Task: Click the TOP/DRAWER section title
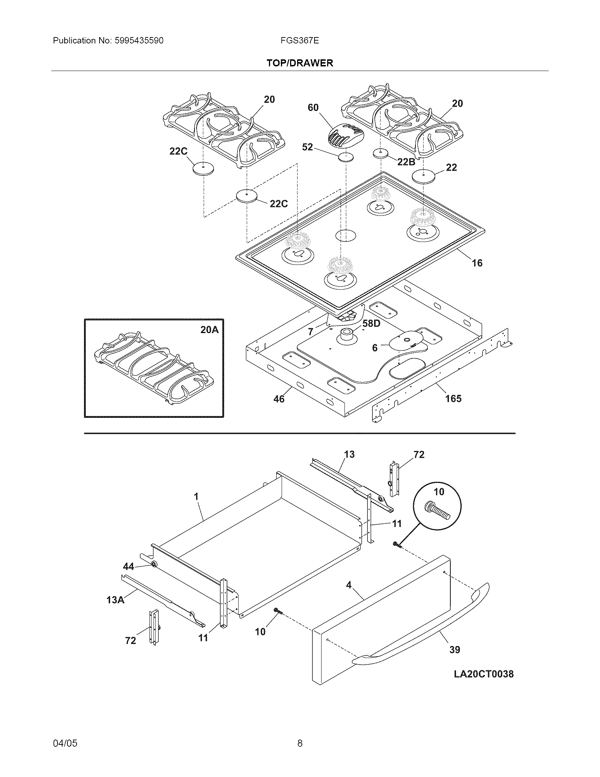coord(300,63)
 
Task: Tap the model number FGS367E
coord(299,41)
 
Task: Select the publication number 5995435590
coord(139,41)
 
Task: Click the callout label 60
coord(313,107)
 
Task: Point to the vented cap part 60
coord(345,137)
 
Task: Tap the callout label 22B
coord(406,162)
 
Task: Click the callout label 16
coord(477,263)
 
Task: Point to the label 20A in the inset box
coord(209,330)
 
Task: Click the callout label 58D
coord(371,324)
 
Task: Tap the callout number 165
coord(453,398)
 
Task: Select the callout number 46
coord(279,399)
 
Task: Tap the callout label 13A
coord(115,600)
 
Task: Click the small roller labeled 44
coord(154,565)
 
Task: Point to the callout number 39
coord(455,650)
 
